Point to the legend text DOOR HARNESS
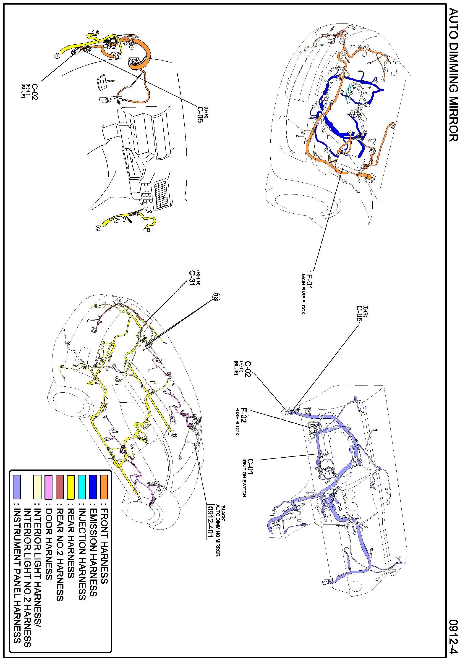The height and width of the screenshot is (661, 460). pos(48,541)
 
